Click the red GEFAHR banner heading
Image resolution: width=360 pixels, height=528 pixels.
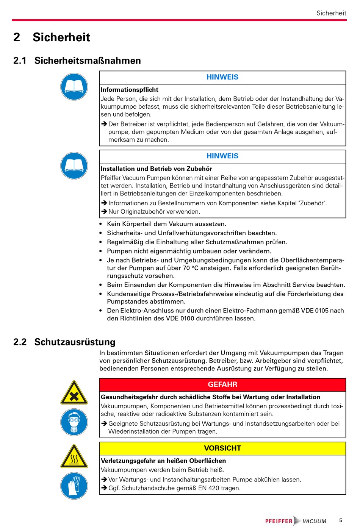pos(222,384)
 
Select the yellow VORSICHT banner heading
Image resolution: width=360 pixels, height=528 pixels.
pos(222,448)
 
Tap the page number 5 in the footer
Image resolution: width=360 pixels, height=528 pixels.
pos(341,520)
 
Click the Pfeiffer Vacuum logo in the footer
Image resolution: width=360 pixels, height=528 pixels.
pos(296,521)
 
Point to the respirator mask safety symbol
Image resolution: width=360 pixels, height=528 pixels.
pos(74,422)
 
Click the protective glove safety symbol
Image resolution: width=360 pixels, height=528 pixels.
pos(74,486)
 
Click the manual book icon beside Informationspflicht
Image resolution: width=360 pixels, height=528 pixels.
pos(74,87)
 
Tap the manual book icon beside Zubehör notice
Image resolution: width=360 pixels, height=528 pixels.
pos(74,166)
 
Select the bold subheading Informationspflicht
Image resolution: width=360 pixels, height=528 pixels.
pos(130,90)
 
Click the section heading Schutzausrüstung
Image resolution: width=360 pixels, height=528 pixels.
pos(75,342)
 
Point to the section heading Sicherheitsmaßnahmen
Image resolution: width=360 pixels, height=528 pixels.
pos(88,61)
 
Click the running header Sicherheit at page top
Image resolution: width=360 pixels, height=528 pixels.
pos(331,13)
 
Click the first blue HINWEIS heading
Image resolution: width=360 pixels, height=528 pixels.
pos(222,77)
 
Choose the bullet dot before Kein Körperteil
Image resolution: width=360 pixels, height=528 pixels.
pos(100,224)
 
